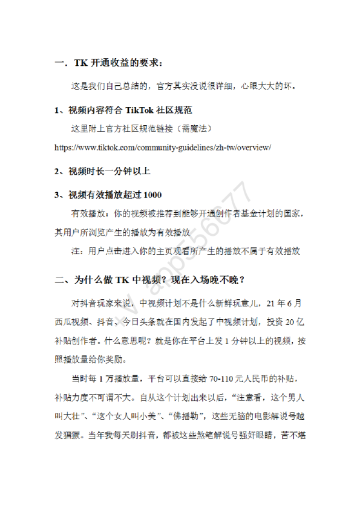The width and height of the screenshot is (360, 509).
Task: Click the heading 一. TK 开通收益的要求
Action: click(108, 62)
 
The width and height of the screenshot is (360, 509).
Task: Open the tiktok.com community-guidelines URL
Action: click(162, 147)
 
